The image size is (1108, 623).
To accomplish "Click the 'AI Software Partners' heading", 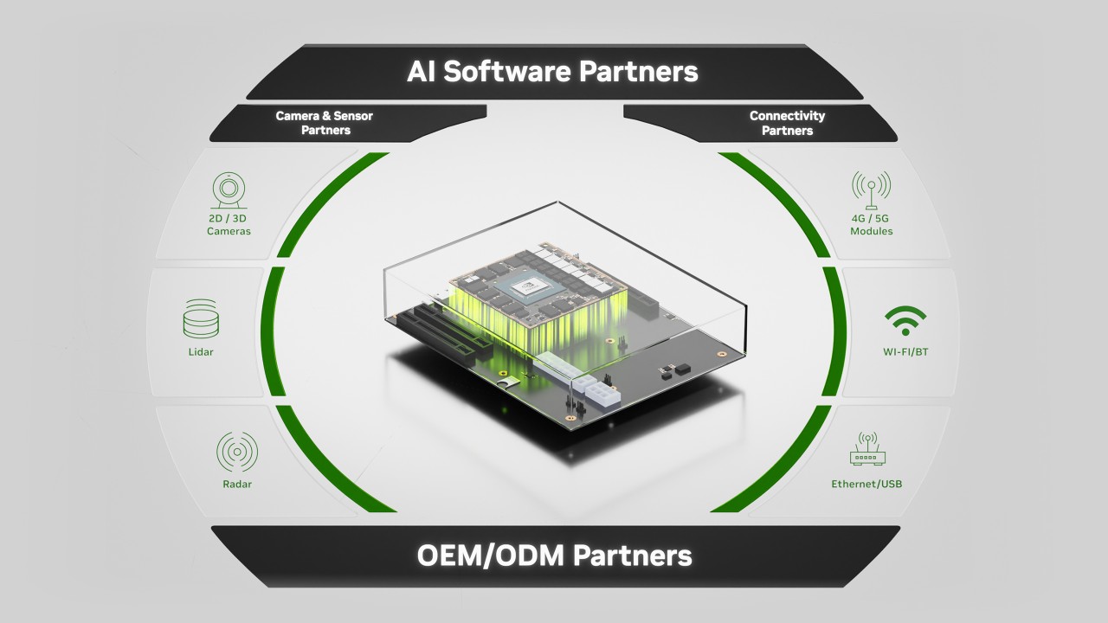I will click(552, 71).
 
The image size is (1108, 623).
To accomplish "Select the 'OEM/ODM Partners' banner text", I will click(554, 555).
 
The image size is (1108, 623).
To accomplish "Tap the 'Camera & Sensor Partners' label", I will click(325, 123).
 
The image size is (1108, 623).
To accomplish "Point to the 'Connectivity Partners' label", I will click(787, 123).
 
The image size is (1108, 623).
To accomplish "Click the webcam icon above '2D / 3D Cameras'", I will click(229, 191).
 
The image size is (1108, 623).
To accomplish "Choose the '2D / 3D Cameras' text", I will click(229, 225).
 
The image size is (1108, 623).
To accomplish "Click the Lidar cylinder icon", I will click(201, 319).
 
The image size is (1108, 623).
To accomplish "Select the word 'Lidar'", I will click(200, 352).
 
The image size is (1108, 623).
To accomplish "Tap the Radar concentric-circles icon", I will click(236, 452).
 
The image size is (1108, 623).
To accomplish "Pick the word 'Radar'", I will click(236, 485).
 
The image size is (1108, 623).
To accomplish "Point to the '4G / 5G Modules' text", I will click(871, 225).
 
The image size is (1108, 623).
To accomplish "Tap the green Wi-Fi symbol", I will click(905, 320).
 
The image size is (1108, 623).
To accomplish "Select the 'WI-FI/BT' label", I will click(905, 352).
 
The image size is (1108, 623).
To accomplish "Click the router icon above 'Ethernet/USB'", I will click(866, 451).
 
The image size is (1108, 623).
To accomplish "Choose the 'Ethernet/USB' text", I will click(866, 484).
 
